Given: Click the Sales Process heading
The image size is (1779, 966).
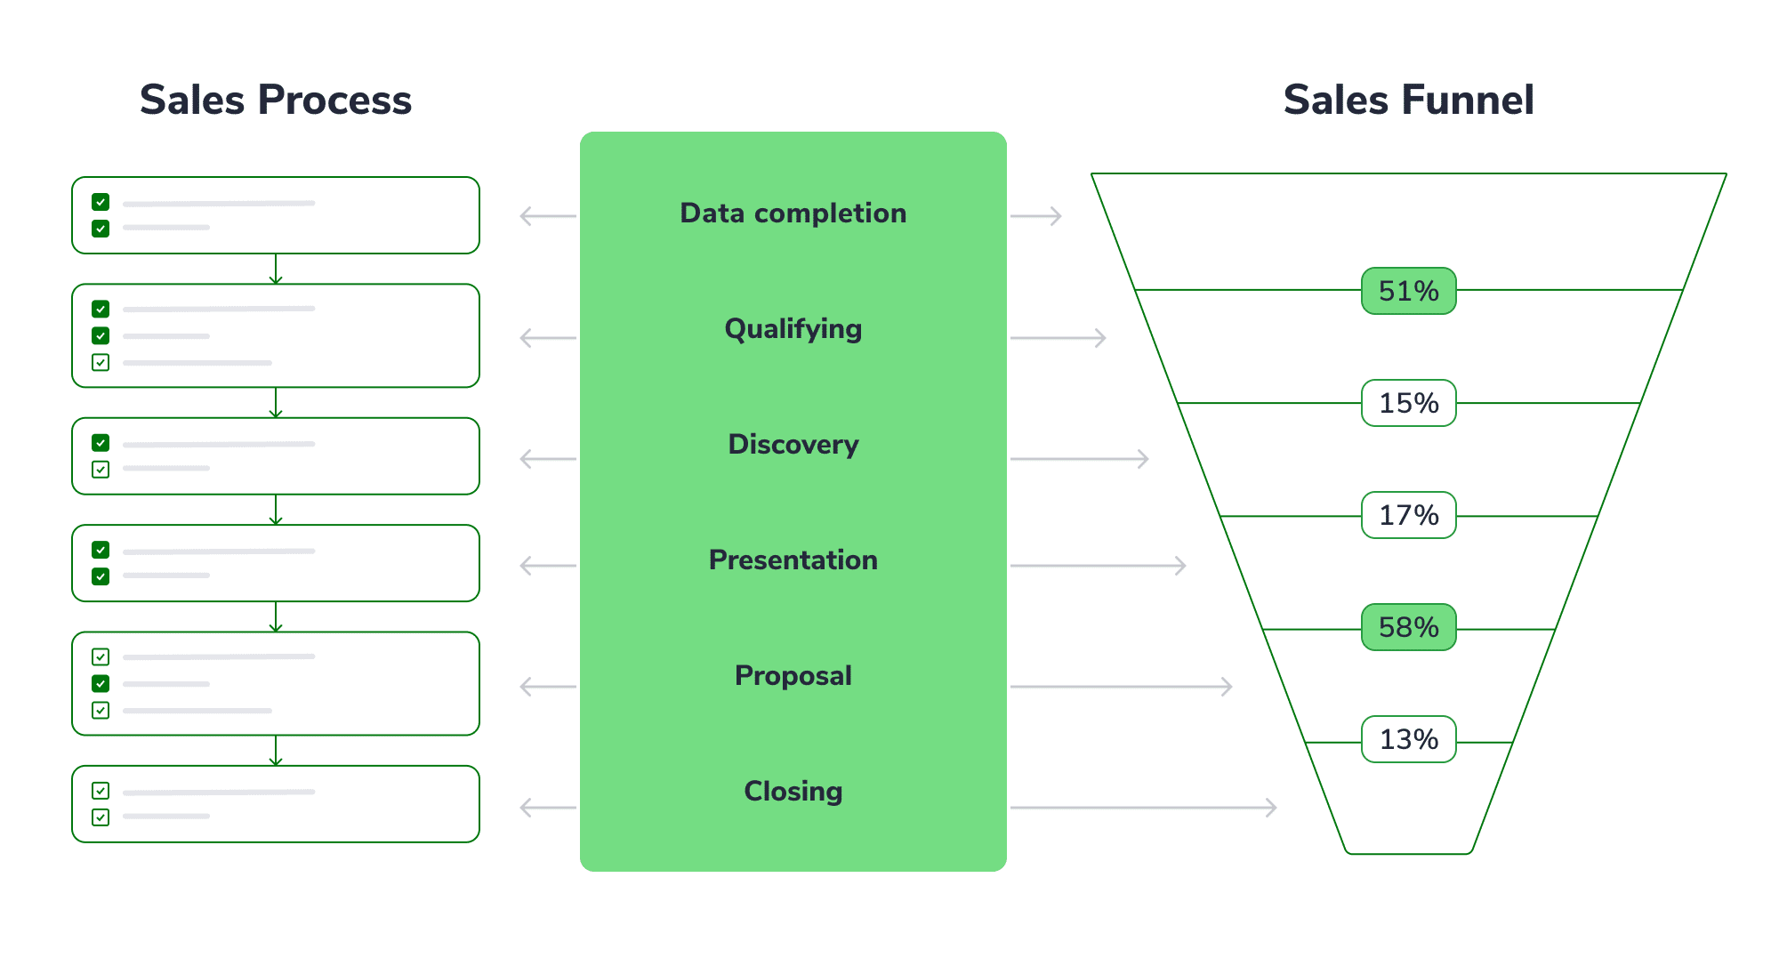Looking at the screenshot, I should [x=276, y=100].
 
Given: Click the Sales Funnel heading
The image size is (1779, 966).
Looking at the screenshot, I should [x=1408, y=100].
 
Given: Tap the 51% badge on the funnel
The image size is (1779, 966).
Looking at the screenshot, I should [x=1408, y=291].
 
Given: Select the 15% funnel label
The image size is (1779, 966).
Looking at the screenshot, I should [x=1408, y=403].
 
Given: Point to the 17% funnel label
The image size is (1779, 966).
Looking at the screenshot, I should [x=1408, y=515].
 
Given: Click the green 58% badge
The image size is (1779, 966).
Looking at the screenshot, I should [x=1408, y=627].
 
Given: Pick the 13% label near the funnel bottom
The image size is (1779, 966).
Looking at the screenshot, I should [x=1408, y=739].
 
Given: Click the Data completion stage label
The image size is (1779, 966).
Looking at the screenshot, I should [x=793, y=213].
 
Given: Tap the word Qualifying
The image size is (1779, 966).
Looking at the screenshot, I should [x=793, y=329].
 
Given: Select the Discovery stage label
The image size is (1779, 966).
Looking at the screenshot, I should [x=793, y=445].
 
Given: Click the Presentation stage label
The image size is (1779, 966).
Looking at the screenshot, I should [x=793, y=560].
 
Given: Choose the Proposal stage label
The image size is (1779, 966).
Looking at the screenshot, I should [x=793, y=676].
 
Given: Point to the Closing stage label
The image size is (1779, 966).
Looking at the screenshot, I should [x=793, y=792].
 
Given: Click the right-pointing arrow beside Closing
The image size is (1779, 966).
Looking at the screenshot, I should [x=1143, y=808].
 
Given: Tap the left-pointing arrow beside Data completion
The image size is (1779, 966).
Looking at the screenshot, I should [x=548, y=216].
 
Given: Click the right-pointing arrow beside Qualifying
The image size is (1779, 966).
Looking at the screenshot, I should [x=1059, y=338].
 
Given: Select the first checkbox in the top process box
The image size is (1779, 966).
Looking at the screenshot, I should [x=101, y=202].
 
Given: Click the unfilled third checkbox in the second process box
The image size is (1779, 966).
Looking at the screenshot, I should [x=101, y=362].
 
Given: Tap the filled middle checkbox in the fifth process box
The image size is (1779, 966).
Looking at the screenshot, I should [x=101, y=683].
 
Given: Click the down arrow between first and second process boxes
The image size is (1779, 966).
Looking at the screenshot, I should [x=276, y=270].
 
